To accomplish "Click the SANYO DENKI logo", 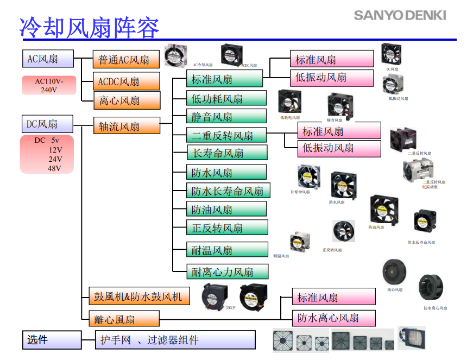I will pos(400,15).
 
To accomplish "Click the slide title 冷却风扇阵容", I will pos(90,27).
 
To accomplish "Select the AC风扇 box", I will pos(43,58).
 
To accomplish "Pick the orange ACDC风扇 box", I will pos(127,81).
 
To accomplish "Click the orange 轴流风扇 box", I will pos(127,126).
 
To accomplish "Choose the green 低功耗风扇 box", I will pos(226,98).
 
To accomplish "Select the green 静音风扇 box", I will pos(226,116).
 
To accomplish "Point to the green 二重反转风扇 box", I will pos(227,135).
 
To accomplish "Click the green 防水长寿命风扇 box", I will pos(228,191).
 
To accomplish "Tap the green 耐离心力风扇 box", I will pos(227,271).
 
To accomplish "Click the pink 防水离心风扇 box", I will pos(333,318).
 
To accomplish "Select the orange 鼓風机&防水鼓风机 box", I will pos(138,296).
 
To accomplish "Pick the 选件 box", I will pos(52,340).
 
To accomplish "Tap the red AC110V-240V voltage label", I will pos(49,85).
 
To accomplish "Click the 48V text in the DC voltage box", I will pos(54,168).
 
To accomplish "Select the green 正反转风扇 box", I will pos(227,228).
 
